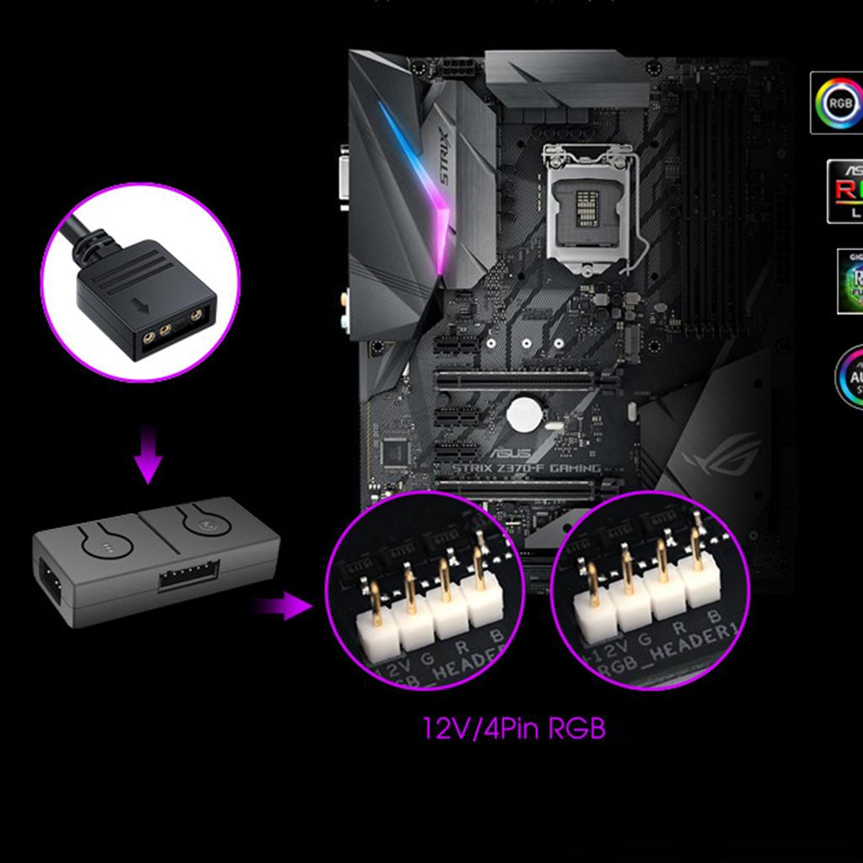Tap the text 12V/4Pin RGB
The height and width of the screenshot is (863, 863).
point(514,727)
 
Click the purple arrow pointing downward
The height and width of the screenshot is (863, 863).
point(148,454)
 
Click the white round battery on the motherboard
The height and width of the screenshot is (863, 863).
point(524,415)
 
